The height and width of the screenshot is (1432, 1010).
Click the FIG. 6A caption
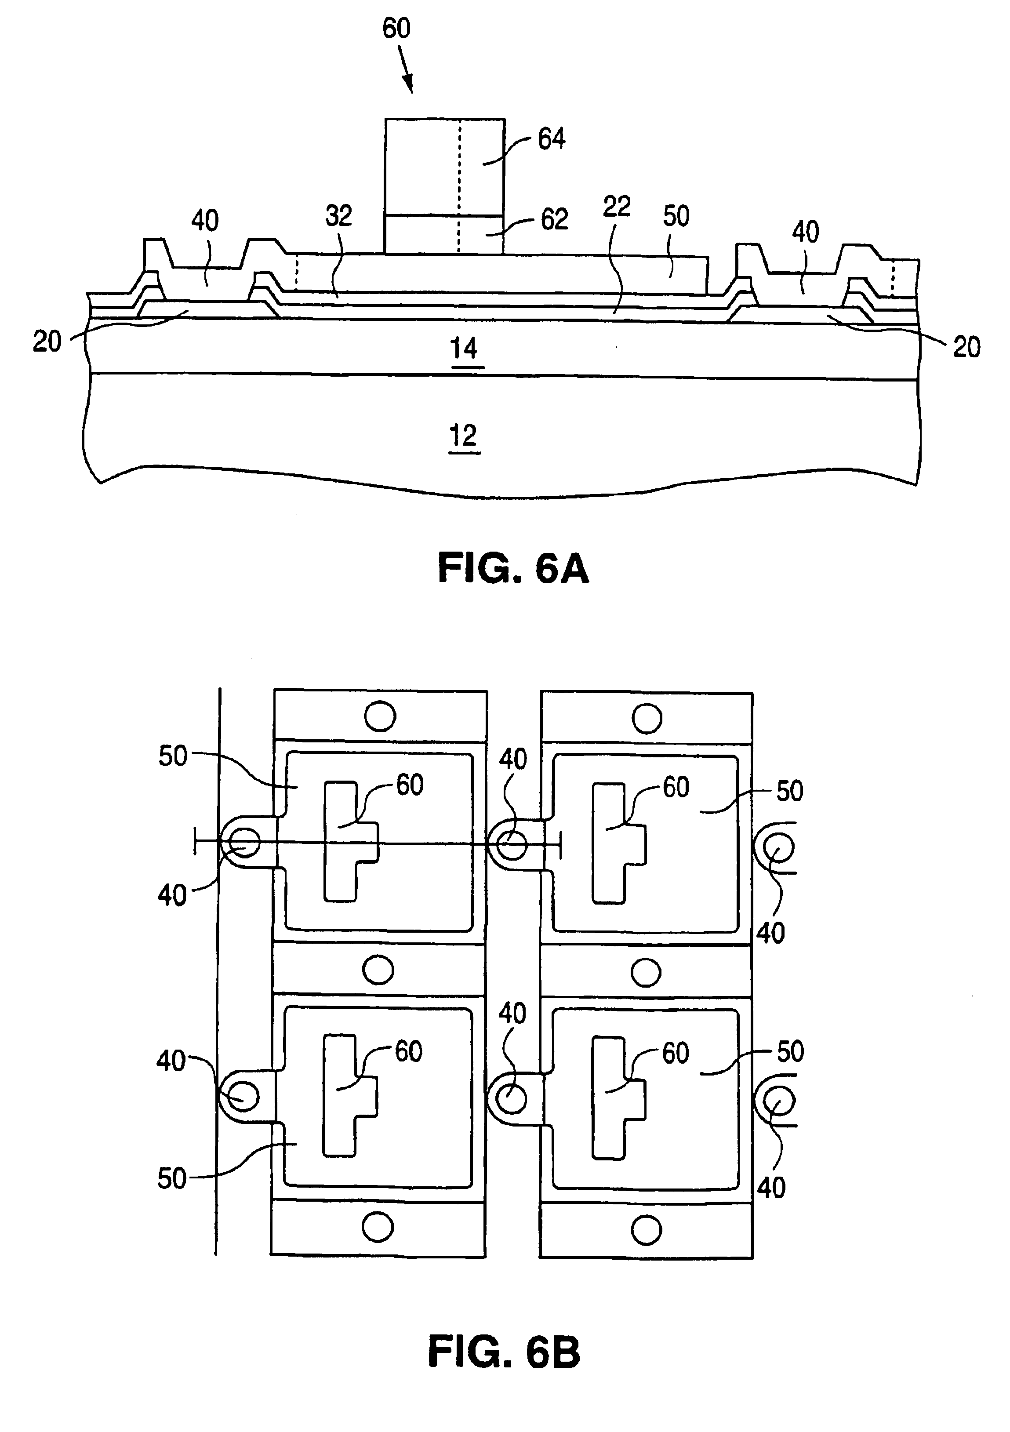coord(513,569)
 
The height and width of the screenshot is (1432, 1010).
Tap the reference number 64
coord(552,138)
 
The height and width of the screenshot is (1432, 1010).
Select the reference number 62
coord(553,219)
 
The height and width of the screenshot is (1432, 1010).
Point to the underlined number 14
coord(464,348)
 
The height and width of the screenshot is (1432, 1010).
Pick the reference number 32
coord(339,215)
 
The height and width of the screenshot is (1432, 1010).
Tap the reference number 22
coord(616,207)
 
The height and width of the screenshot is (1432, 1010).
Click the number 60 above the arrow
coord(396,29)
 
